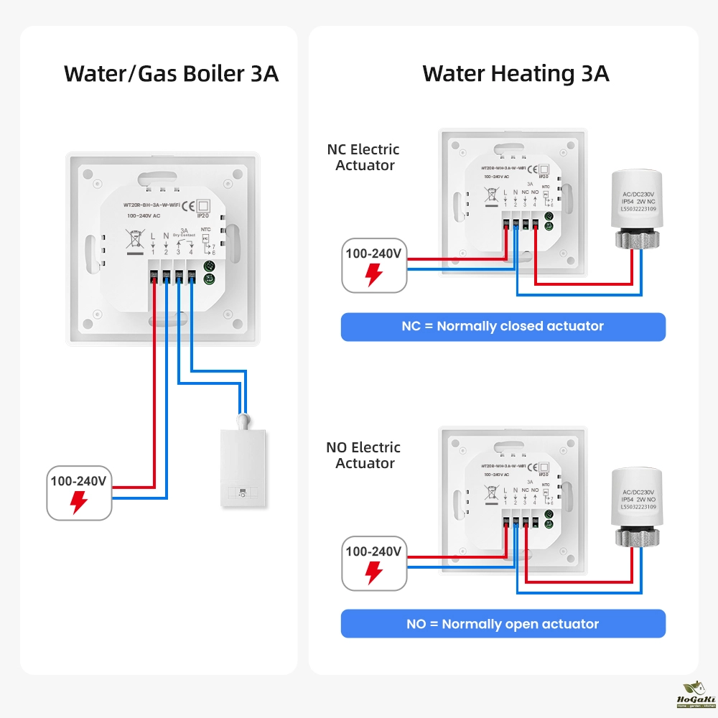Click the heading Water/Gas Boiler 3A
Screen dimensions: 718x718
171,73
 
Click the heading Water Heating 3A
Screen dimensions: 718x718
516,73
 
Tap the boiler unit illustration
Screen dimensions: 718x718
243,467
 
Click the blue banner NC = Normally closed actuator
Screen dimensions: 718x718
503,327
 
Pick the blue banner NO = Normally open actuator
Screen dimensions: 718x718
503,624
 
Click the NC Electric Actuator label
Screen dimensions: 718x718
363,157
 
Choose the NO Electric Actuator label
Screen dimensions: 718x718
363,455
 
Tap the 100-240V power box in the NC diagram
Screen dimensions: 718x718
374,265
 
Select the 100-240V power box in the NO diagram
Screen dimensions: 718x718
374,562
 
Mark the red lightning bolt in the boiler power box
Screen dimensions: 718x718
79,503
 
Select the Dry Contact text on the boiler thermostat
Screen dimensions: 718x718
185,236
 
